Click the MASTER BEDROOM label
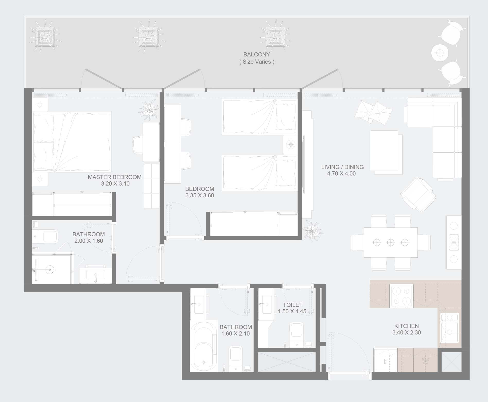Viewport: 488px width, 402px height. pyautogui.click(x=115, y=177)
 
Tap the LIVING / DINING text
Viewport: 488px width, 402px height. pyautogui.click(x=342, y=167)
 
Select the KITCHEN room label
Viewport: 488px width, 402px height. pyautogui.click(x=406, y=326)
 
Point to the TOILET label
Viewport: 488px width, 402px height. pyautogui.click(x=293, y=305)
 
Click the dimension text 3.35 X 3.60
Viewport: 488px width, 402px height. pyautogui.click(x=200, y=196)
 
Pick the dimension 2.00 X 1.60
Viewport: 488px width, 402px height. pyautogui.click(x=89, y=241)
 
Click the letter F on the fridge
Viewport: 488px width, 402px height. pyautogui.click(x=386, y=361)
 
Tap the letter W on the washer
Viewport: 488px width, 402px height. pyautogui.click(x=425, y=361)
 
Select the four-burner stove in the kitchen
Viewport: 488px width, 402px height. pyautogui.click(x=402, y=296)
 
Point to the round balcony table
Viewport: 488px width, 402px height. pyautogui.click(x=440, y=53)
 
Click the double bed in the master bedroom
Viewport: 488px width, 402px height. pyautogui.click(x=72, y=142)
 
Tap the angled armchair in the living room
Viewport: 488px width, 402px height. pyautogui.click(x=418, y=194)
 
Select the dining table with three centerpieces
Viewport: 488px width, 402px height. pyautogui.click(x=390, y=242)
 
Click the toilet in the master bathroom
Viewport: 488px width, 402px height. pyautogui.click(x=45, y=236)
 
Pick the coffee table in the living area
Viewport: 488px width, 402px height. pyautogui.click(x=384, y=150)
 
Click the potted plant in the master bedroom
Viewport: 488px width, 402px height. pyautogui.click(x=149, y=110)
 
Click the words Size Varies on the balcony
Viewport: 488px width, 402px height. pyautogui.click(x=257, y=62)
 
